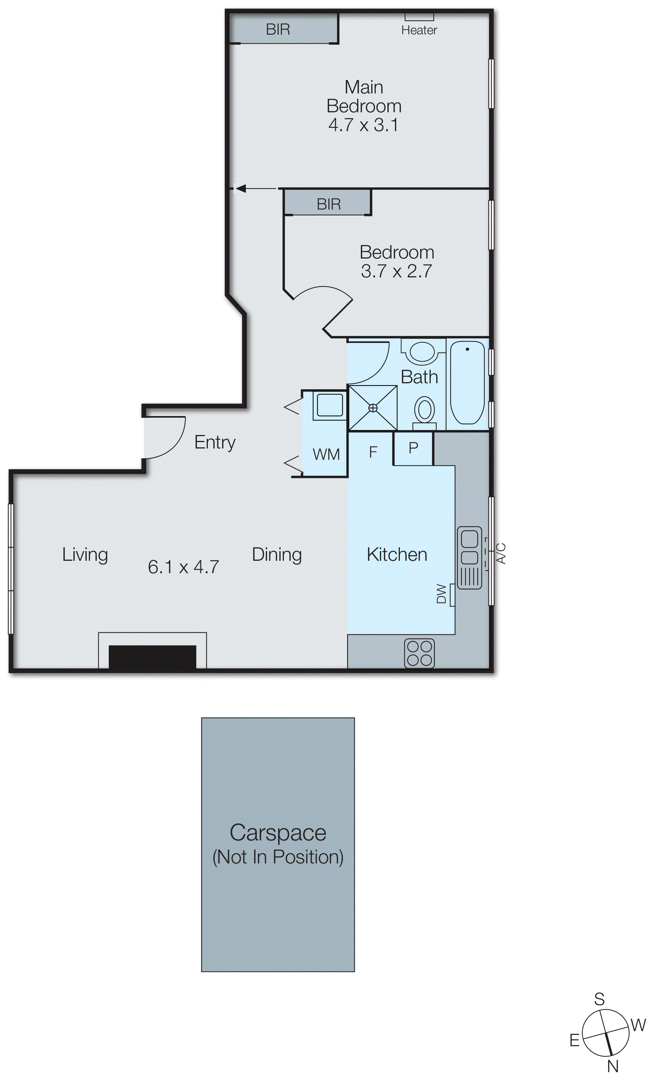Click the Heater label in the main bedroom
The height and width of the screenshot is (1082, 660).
(419, 30)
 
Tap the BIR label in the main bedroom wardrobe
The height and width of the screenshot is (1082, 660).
(278, 29)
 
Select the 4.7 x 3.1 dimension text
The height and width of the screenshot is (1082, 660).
(363, 125)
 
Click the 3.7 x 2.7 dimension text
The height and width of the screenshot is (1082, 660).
(396, 271)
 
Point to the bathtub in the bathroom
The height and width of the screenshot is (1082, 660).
(467, 383)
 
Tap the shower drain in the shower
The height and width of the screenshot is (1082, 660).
(373, 408)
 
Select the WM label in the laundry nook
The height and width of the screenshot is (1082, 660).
(326, 454)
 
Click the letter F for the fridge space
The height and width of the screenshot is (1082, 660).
(373, 451)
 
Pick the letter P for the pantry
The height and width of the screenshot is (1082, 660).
(413, 448)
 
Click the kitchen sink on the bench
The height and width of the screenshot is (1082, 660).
(469, 557)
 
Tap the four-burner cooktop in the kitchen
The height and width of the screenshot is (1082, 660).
(419, 653)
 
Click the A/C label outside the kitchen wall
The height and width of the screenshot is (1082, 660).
(501, 553)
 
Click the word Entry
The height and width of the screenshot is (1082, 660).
(215, 442)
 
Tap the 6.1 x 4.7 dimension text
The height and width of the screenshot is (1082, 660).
(183, 567)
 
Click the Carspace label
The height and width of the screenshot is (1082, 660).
(278, 833)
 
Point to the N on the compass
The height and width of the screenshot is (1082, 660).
(613, 1066)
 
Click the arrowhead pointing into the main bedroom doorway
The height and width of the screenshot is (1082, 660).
(240, 189)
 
